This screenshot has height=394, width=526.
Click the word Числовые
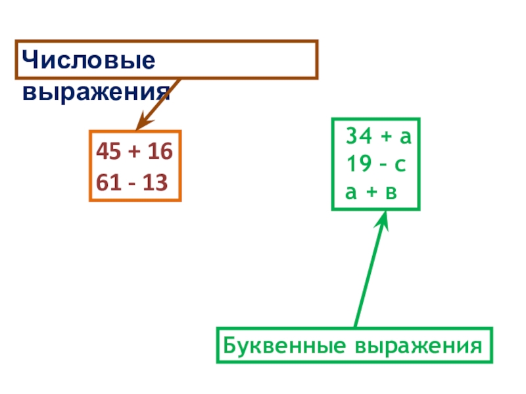(x=88, y=62)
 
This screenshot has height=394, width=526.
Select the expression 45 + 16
(x=134, y=152)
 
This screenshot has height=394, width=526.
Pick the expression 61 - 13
(x=131, y=181)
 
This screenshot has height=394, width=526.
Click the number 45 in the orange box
(x=108, y=152)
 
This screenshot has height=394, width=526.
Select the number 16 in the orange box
(x=159, y=152)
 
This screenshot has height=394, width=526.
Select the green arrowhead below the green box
(x=383, y=221)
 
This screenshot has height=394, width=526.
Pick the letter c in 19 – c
(x=400, y=165)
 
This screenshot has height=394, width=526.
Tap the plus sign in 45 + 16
(x=134, y=152)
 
